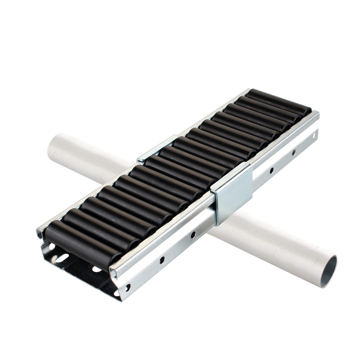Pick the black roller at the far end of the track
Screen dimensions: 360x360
click(x=279, y=101)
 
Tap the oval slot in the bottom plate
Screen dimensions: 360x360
click(x=62, y=258)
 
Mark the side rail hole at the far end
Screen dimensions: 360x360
click(x=314, y=136)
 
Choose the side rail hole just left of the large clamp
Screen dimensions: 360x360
click(x=193, y=235)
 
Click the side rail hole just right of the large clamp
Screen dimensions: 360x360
click(x=271, y=170)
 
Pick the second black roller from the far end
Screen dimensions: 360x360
click(x=268, y=108)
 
